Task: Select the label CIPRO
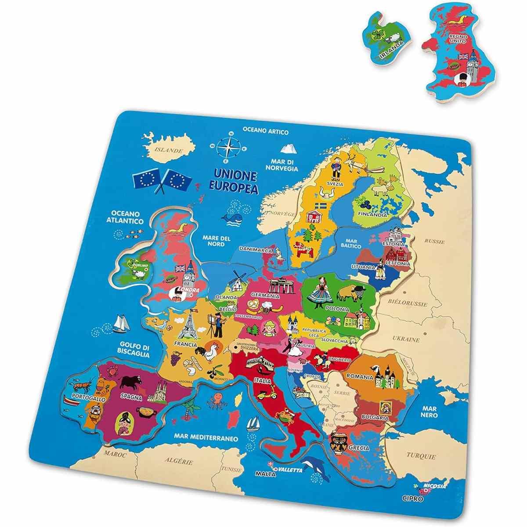click(x=413, y=499)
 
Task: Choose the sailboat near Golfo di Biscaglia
click(x=119, y=324)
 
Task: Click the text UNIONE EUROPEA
click(x=235, y=180)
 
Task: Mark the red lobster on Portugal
click(x=82, y=386)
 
